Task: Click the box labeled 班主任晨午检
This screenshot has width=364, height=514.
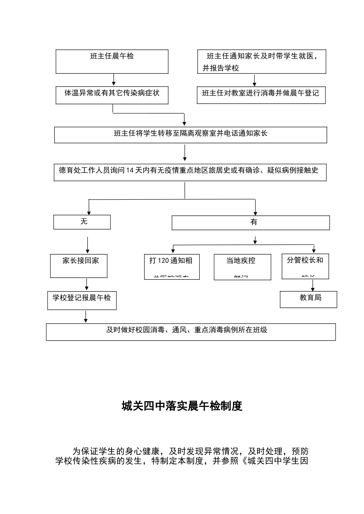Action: tap(112, 61)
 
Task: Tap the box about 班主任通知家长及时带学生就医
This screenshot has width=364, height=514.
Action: tap(262, 62)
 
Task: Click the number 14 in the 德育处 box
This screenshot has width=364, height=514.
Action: tap(129, 171)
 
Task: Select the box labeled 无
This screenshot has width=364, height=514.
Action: tap(82, 222)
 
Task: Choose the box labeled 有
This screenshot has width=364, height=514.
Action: tap(251, 223)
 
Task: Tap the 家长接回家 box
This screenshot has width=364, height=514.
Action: tap(79, 265)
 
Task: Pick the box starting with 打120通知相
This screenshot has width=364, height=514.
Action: tap(172, 267)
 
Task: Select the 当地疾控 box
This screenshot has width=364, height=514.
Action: tap(242, 267)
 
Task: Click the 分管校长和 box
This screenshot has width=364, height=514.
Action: tap(305, 266)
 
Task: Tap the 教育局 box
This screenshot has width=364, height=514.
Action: tap(308, 299)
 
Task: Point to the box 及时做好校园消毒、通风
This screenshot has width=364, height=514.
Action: tap(191, 332)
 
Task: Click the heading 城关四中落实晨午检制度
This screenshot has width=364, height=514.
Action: tap(182, 406)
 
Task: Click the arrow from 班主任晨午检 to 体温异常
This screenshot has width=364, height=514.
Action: tap(113, 80)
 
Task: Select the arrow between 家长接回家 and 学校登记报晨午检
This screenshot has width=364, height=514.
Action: tap(87, 284)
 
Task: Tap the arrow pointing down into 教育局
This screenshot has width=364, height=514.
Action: tap(313, 285)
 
